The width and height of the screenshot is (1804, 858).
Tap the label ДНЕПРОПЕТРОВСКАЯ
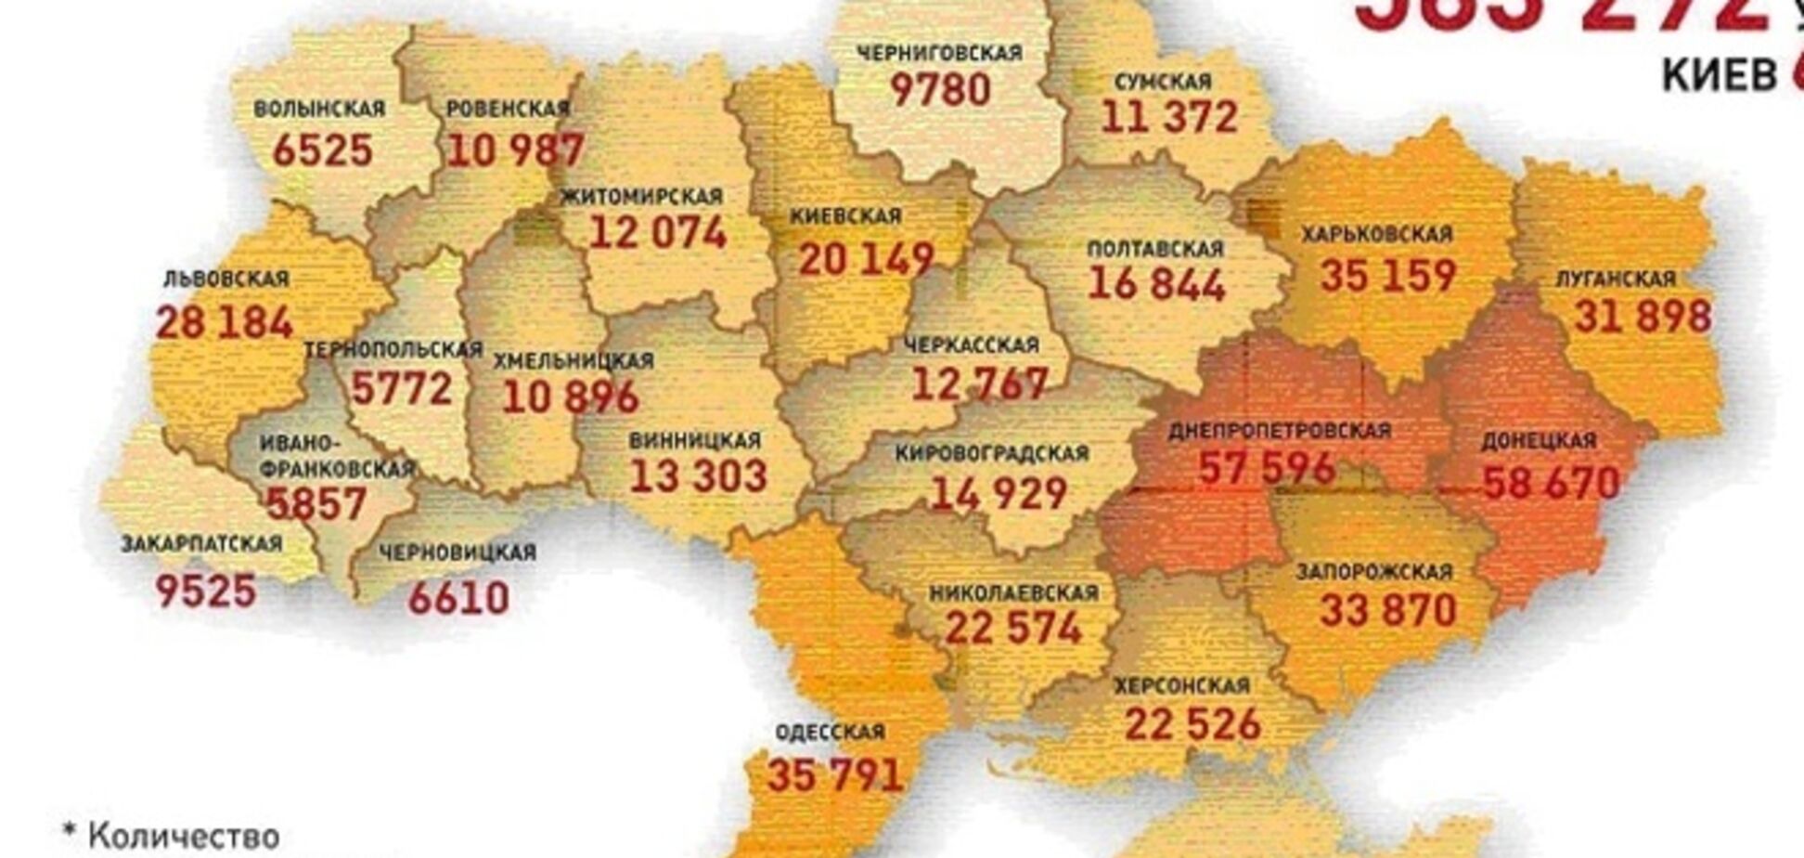tap(1279, 431)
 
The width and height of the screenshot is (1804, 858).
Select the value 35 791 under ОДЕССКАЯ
tap(834, 775)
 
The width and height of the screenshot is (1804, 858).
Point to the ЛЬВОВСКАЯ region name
tap(225, 279)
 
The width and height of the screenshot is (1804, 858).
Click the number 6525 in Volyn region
tap(322, 150)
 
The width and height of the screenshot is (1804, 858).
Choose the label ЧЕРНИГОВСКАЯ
tap(939, 53)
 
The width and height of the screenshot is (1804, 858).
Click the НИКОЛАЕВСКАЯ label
tap(1012, 592)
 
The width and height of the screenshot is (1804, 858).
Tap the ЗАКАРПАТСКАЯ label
tap(201, 544)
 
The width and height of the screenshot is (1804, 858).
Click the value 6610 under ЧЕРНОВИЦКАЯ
tap(458, 598)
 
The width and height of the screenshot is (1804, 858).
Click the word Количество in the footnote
tap(184, 836)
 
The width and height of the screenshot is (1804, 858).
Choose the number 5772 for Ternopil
tap(401, 388)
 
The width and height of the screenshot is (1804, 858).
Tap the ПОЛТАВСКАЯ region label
tap(1154, 249)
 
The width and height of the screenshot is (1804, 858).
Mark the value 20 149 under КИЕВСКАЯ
tap(866, 260)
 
